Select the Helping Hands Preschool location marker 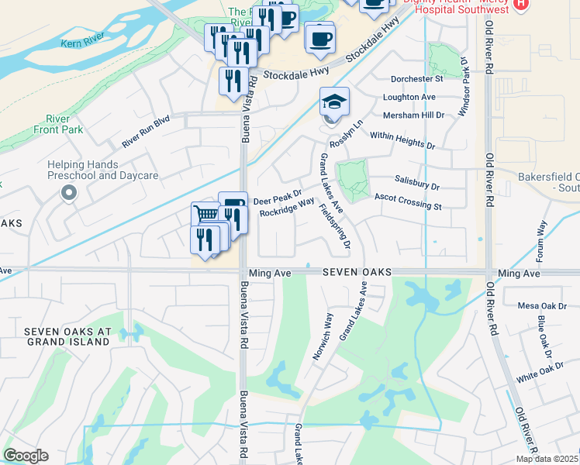tap(70, 193)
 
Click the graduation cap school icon tap(334, 102)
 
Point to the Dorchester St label tap(416, 78)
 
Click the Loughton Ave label tap(409, 97)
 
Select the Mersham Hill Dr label tap(414, 115)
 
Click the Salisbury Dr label tap(416, 187)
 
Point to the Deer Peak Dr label tap(277, 198)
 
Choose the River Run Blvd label tap(145, 133)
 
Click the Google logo tap(26, 456)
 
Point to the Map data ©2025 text tap(547, 459)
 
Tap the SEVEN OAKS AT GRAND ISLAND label tap(68, 336)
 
